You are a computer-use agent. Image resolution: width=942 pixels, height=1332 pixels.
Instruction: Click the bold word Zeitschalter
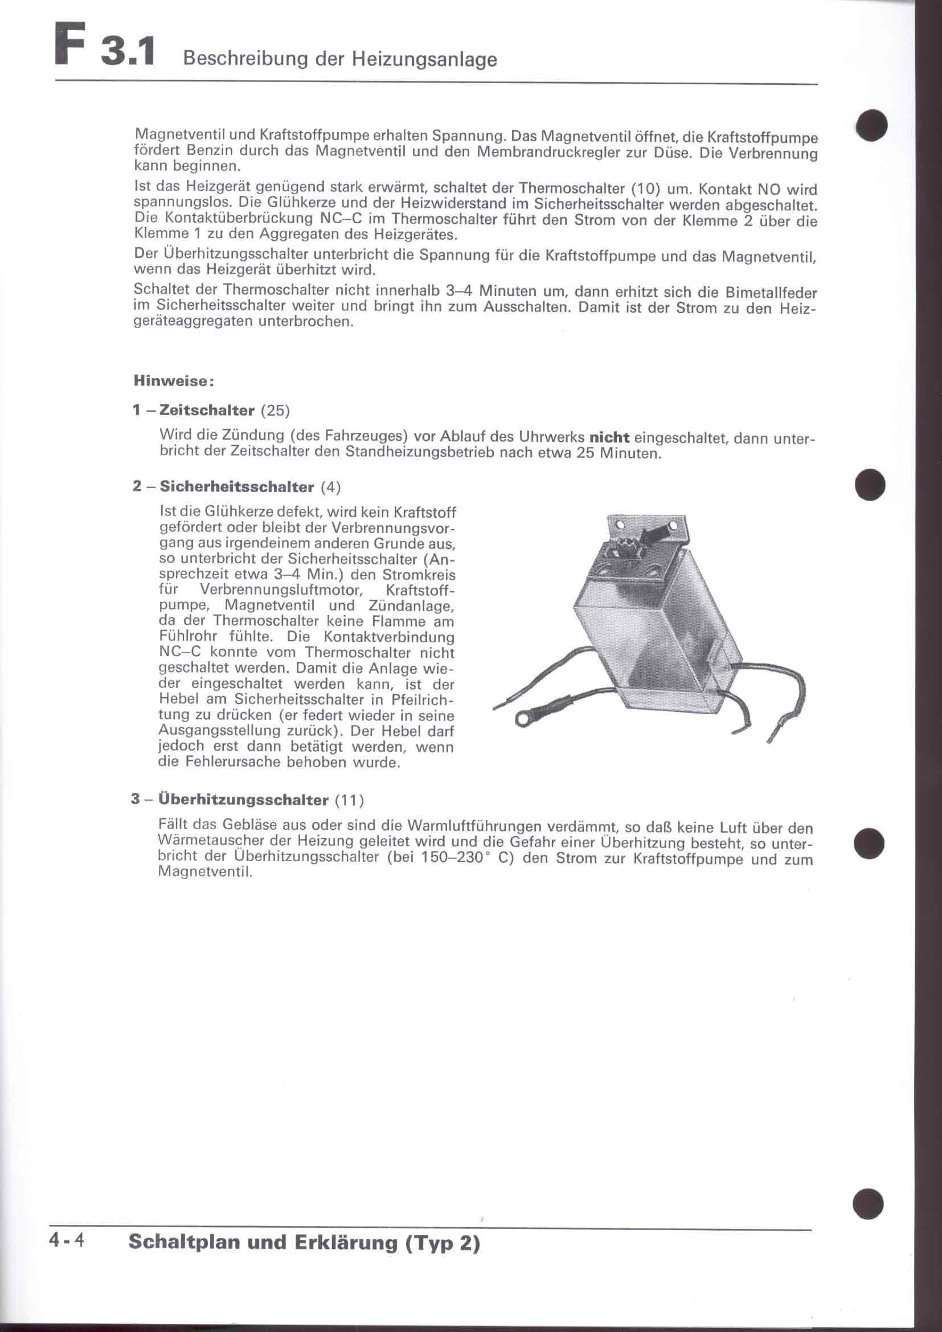[x=207, y=411]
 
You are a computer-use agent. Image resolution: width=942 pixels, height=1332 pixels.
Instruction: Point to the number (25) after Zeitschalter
[x=275, y=411]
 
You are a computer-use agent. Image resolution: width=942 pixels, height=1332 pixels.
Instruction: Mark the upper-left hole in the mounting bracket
[x=619, y=525]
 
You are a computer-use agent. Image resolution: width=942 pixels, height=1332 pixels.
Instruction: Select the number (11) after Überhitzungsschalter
[x=350, y=801]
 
